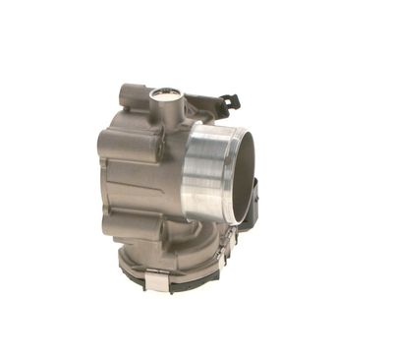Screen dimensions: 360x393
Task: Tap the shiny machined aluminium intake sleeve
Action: coord(201,171)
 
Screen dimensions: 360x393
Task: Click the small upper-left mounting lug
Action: coord(126,95)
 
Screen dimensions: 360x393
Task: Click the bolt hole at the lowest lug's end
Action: coord(106,226)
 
